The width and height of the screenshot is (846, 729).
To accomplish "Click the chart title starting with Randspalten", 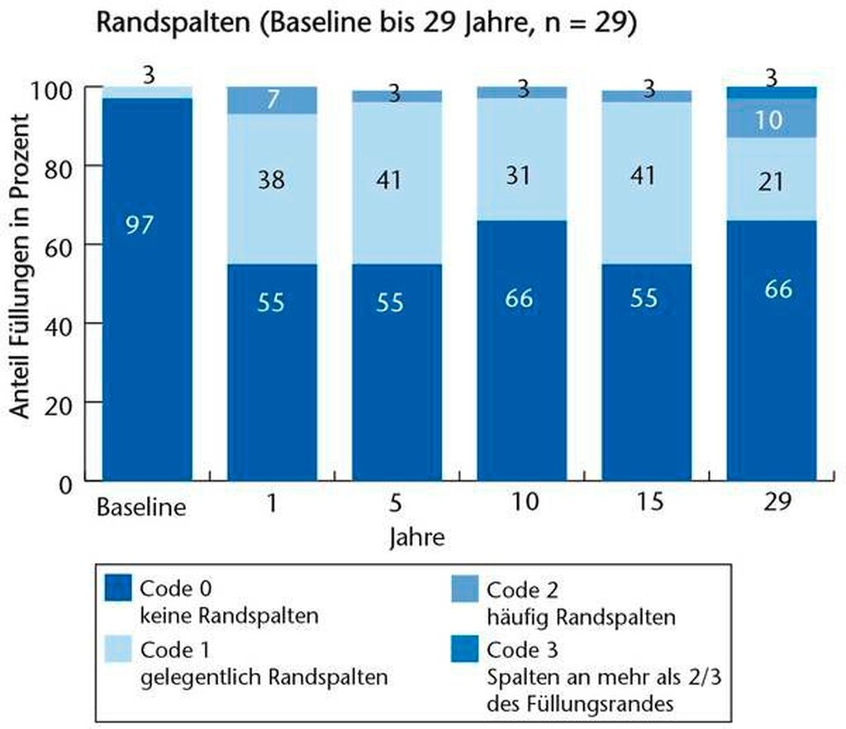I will (x=365, y=23).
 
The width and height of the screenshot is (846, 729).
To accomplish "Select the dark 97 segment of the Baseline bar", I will (x=147, y=289).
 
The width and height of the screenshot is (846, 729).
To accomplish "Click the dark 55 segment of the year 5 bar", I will (x=397, y=372).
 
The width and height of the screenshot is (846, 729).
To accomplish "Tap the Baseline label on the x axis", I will (x=140, y=504).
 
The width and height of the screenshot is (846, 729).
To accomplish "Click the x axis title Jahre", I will (x=417, y=537).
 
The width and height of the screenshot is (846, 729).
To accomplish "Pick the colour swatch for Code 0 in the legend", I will (x=119, y=589).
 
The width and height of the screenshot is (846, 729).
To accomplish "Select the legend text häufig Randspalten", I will (x=582, y=616).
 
